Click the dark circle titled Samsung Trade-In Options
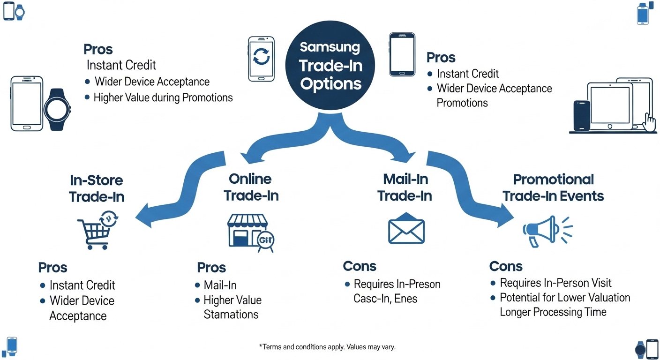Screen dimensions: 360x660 [330, 66]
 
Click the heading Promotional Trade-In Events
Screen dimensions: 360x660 [553, 187]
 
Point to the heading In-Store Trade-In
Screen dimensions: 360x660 [97, 188]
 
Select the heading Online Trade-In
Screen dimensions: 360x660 [251, 187]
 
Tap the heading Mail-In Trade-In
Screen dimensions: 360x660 [404, 187]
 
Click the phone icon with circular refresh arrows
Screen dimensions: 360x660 [261, 59]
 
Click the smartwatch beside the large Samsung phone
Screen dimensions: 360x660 [57, 110]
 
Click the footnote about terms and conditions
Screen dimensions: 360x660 [327, 347]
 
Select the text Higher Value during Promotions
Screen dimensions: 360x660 [163, 97]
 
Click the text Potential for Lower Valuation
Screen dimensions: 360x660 [565, 298]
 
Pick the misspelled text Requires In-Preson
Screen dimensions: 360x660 [397, 284]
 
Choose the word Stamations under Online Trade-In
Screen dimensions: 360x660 [231, 315]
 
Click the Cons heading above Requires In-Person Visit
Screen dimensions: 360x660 [505, 266]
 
